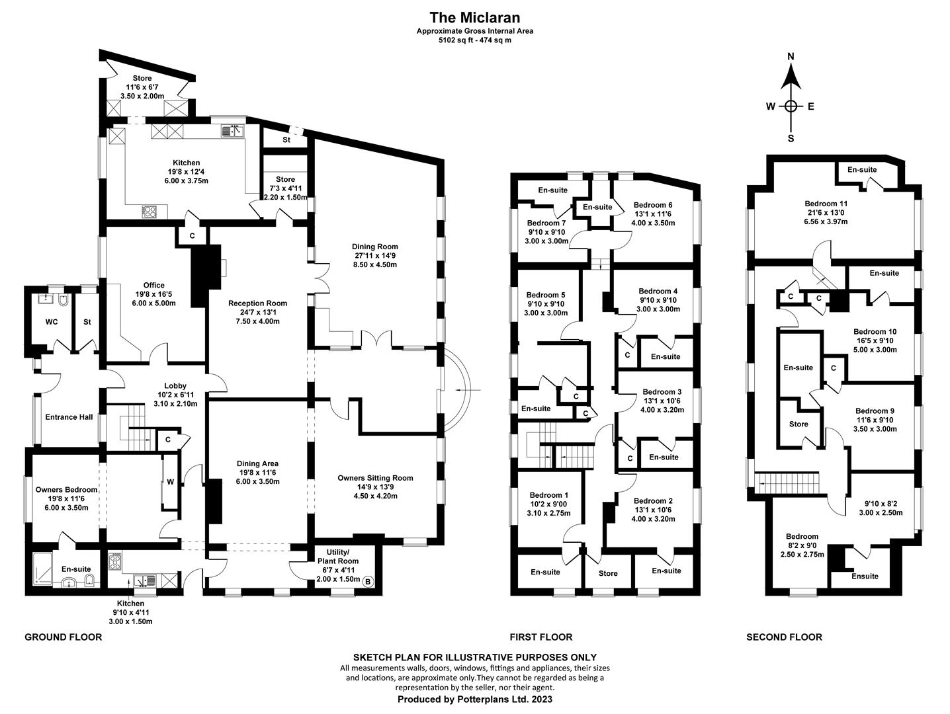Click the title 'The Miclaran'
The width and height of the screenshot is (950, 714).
[474, 17]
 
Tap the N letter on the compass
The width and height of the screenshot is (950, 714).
[791, 57]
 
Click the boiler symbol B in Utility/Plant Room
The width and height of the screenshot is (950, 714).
[368, 581]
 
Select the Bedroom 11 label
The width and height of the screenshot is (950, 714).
[826, 204]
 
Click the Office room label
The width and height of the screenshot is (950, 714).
[154, 286]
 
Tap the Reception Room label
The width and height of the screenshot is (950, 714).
[257, 303]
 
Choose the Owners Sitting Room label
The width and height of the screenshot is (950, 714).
[375, 478]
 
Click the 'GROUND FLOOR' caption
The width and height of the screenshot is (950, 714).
[64, 637]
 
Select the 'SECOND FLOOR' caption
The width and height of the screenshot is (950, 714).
[784, 637]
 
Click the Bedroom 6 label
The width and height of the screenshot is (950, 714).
[653, 205]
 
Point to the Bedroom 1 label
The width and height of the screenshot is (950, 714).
[548, 495]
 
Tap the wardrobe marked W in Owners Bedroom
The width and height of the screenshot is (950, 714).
[170, 482]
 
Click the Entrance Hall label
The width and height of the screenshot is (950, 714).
[69, 417]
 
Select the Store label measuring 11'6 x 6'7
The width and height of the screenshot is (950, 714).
[142, 79]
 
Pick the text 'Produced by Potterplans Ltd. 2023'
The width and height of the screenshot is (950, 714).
[474, 699]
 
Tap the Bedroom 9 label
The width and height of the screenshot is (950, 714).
[876, 411]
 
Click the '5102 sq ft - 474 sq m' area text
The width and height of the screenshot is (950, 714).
[474, 40]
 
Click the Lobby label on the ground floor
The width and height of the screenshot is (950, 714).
[175, 386]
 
